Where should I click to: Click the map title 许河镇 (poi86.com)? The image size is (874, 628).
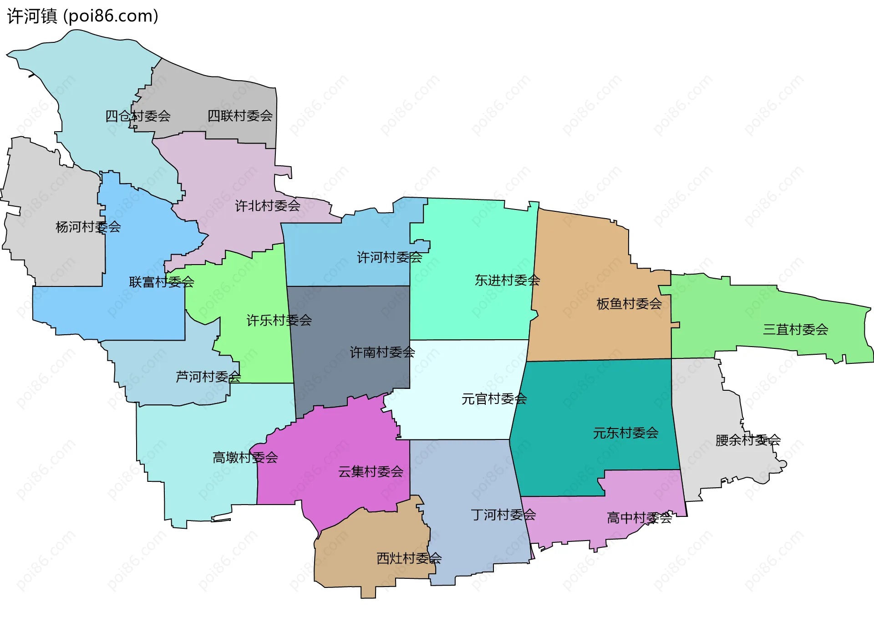pos(83,16)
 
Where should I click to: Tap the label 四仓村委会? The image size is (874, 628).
pos(138,116)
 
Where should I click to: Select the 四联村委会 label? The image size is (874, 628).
pos(240,116)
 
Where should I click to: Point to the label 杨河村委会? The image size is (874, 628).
pos(88,227)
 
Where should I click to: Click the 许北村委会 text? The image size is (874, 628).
pos(268,206)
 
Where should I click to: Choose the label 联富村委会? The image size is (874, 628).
pos(162,282)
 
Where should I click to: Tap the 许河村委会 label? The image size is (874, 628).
pos(390,257)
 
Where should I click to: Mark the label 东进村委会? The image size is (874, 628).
pos(508,280)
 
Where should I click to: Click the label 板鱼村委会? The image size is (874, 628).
pos(629,304)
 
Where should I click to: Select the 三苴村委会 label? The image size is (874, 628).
pos(796,329)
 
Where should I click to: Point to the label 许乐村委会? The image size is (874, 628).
pos(279,320)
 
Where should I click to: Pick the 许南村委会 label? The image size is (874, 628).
pos(382,352)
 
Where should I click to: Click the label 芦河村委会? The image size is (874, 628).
pos(208,377)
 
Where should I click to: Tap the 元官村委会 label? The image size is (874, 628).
pos(494,399)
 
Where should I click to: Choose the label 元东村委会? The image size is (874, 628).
pos(626,433)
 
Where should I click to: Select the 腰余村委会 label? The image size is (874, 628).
pos(748,440)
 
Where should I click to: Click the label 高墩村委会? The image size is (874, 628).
pos(245,457)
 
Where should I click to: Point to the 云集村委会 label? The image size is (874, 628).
pos(371,471)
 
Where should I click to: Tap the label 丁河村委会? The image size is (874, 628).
pos(503,515)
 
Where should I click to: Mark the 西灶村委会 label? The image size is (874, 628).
pos(409,558)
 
